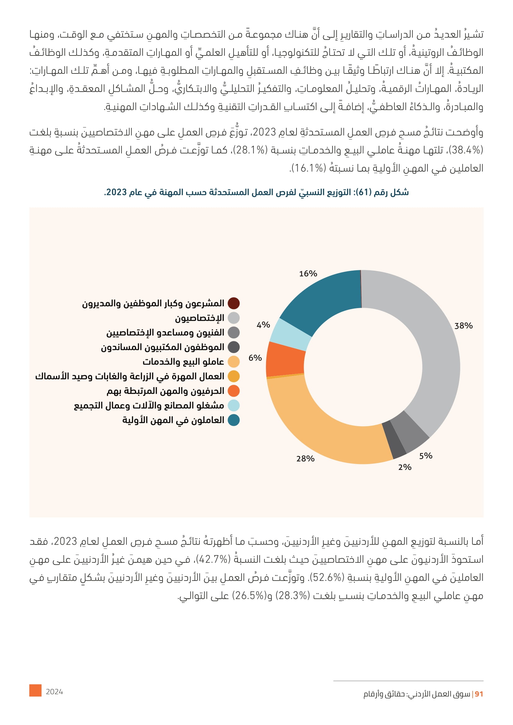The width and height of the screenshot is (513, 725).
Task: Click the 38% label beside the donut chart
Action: [x=463, y=325]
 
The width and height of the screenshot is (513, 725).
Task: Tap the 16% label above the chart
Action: [x=308, y=273]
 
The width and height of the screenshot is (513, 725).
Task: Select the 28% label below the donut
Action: [x=305, y=458]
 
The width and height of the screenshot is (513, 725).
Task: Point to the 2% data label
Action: [x=405, y=467]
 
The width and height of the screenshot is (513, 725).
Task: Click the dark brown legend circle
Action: [x=234, y=303]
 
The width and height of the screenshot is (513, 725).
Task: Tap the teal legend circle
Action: [x=234, y=420]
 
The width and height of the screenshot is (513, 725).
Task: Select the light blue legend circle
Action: [x=234, y=405]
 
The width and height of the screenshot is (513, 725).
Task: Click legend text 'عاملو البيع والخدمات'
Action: [x=183, y=361]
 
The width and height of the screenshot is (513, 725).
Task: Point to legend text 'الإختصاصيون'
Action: [x=200, y=318]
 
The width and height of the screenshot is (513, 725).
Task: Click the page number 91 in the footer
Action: [x=479, y=694]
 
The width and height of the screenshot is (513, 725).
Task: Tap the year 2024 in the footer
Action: [x=54, y=692]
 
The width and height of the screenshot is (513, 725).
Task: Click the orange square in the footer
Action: [x=35, y=690]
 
